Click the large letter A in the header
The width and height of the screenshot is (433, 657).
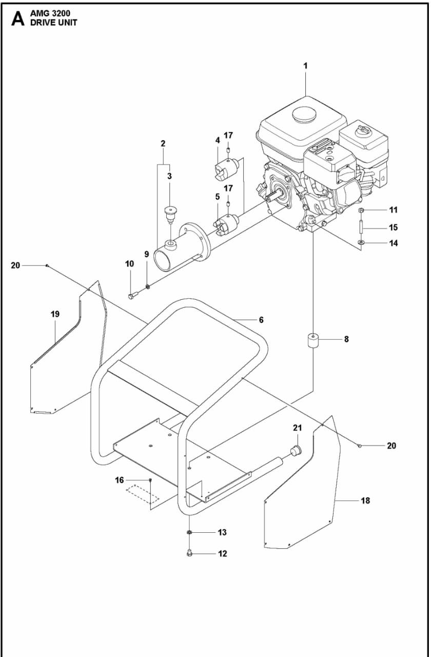point(17,19)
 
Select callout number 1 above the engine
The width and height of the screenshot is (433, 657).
point(305,66)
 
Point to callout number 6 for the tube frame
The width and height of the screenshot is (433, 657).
point(261,320)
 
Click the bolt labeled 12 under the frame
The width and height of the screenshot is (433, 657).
point(190,553)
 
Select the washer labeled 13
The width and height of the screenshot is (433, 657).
point(189,533)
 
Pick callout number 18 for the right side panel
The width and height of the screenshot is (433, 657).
point(365,500)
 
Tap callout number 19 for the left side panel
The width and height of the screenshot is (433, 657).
point(55,314)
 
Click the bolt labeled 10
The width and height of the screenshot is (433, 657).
point(131,296)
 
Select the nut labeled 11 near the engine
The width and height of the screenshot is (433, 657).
point(362,210)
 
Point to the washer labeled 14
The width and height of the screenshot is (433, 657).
point(362,242)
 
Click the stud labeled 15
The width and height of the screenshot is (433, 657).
point(362,226)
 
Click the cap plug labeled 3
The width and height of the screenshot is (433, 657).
point(169,212)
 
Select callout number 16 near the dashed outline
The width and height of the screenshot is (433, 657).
point(119,480)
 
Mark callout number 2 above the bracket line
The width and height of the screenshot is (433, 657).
point(163,144)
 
